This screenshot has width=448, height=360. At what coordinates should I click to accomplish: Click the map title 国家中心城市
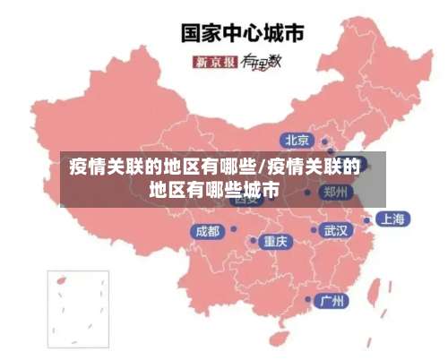tap(243, 33)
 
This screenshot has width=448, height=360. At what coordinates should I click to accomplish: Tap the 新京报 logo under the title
tap(215, 62)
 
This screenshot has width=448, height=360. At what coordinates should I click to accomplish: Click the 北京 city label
tap(297, 140)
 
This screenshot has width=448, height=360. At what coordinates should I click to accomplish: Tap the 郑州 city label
tap(337, 192)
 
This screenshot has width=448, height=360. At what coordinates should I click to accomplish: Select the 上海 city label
tap(392, 219)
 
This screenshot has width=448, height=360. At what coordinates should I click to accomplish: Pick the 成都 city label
tap(207, 231)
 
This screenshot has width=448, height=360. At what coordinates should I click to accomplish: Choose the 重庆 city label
tap(275, 241)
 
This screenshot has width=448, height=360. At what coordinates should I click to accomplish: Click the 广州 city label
tap(333, 300)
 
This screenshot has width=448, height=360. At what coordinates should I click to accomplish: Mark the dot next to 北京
tap(325, 141)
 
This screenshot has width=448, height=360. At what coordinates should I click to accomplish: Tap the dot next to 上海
tap(366, 219)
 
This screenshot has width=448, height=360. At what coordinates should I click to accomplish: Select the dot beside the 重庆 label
tap(252, 241)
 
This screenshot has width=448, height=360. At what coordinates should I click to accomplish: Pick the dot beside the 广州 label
tap(309, 300)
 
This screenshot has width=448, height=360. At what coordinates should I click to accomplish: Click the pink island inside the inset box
tap(62, 280)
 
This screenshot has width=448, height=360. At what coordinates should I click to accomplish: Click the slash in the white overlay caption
tap(261, 167)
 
